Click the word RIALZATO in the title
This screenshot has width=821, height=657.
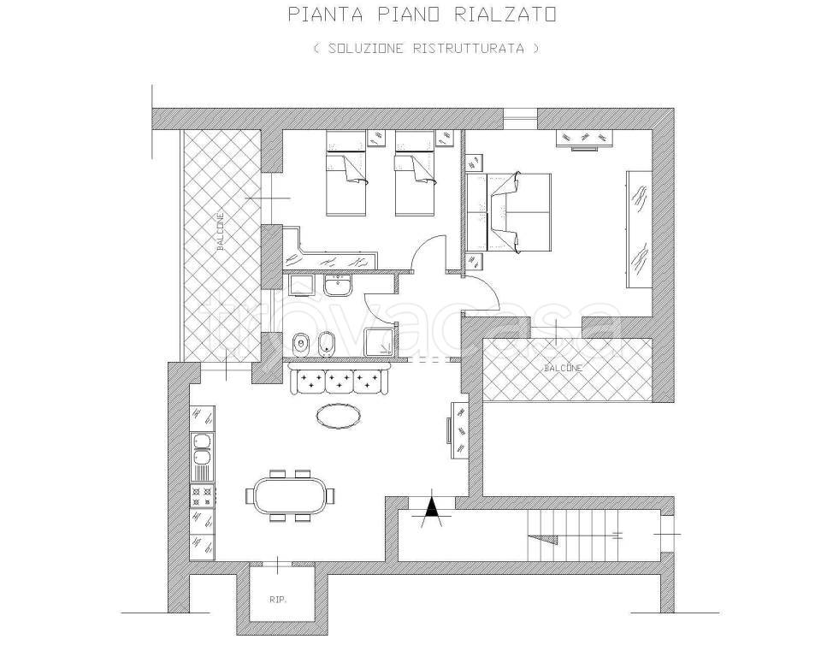[505, 15]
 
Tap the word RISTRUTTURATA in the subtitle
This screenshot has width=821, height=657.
[469, 48]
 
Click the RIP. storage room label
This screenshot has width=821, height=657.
[277, 600]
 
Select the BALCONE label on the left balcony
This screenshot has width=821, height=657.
[221, 230]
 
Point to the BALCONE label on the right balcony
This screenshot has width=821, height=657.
[564, 369]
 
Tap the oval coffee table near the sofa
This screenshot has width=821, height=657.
[339, 417]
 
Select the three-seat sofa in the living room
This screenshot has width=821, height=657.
[339, 380]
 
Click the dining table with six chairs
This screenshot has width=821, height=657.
[290, 495]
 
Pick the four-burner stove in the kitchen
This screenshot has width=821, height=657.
[202, 495]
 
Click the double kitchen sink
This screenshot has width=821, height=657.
[202, 449]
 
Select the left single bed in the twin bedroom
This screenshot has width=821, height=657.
[346, 173]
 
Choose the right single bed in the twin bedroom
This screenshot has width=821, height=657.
[415, 173]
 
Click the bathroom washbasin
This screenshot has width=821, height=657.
[339, 286]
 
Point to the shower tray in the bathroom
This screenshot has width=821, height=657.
[380, 342]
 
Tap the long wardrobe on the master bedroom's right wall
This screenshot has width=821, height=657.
[639, 228]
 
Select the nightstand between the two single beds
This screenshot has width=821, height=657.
[377, 139]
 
